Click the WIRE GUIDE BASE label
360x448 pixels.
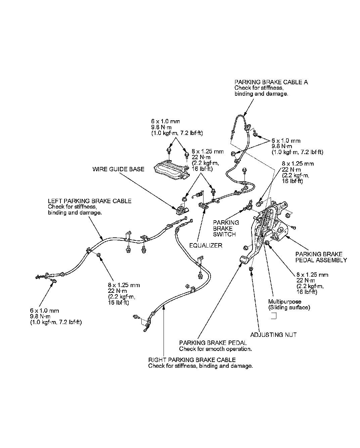(x=118, y=169)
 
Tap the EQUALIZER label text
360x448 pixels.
(x=206, y=245)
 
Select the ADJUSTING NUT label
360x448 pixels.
(x=273, y=335)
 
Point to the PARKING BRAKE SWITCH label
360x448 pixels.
(x=226, y=228)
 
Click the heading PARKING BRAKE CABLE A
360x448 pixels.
(x=271, y=82)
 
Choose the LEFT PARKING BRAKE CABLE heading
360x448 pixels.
(x=90, y=201)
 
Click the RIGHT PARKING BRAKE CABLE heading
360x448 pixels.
(x=192, y=360)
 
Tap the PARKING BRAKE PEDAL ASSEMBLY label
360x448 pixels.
(x=321, y=257)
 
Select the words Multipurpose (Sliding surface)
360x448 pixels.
(x=289, y=304)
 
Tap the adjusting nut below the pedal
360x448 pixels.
(x=251, y=269)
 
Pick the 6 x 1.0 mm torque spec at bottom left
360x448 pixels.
(x=56, y=316)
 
